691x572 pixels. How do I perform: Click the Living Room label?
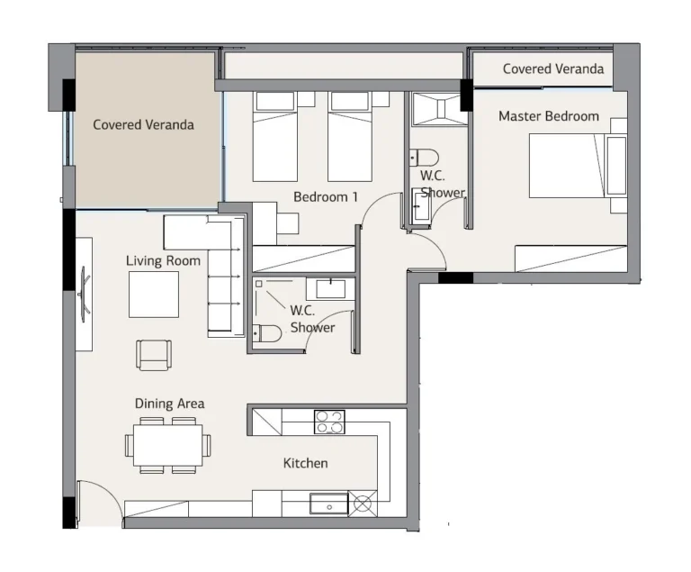(163, 261)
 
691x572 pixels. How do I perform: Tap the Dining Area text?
(170, 404)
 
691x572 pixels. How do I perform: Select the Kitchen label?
(305, 463)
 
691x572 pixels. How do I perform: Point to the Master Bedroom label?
(549, 116)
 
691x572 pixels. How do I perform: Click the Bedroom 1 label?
(326, 197)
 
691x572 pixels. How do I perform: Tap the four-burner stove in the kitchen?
(329, 422)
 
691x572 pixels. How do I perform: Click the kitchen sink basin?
(328, 504)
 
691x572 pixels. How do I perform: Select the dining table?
(168, 445)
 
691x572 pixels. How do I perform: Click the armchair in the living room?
(154, 355)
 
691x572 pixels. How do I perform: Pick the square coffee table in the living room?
(154, 295)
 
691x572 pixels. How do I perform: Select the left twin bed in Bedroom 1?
(275, 136)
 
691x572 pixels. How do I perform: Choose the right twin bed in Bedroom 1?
(350, 136)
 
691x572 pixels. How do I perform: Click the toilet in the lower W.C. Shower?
(267, 333)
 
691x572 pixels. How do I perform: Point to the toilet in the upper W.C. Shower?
(424, 158)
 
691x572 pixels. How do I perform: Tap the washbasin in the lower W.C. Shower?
(330, 288)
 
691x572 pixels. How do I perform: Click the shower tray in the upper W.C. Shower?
(439, 109)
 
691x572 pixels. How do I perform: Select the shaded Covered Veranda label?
(143, 124)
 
